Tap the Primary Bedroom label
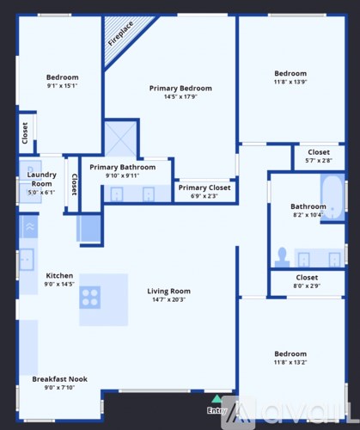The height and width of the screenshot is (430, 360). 180,89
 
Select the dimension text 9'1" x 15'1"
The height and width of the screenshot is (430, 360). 62,86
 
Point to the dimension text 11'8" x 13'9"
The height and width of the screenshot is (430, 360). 290,83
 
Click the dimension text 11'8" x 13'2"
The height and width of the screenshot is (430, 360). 290,363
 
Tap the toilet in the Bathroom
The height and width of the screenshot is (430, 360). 281,255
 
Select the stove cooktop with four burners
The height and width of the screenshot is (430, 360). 90,298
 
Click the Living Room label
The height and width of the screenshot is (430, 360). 168,292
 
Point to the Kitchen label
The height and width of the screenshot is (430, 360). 59,276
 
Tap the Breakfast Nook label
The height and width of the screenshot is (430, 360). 59,379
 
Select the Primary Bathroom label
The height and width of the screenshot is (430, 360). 123,168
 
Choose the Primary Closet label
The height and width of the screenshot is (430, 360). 204,187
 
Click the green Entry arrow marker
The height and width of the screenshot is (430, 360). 217,399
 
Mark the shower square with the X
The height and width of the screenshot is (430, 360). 121,138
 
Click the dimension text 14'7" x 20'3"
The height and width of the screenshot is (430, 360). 168,300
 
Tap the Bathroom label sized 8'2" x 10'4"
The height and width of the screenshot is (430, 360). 308,206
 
